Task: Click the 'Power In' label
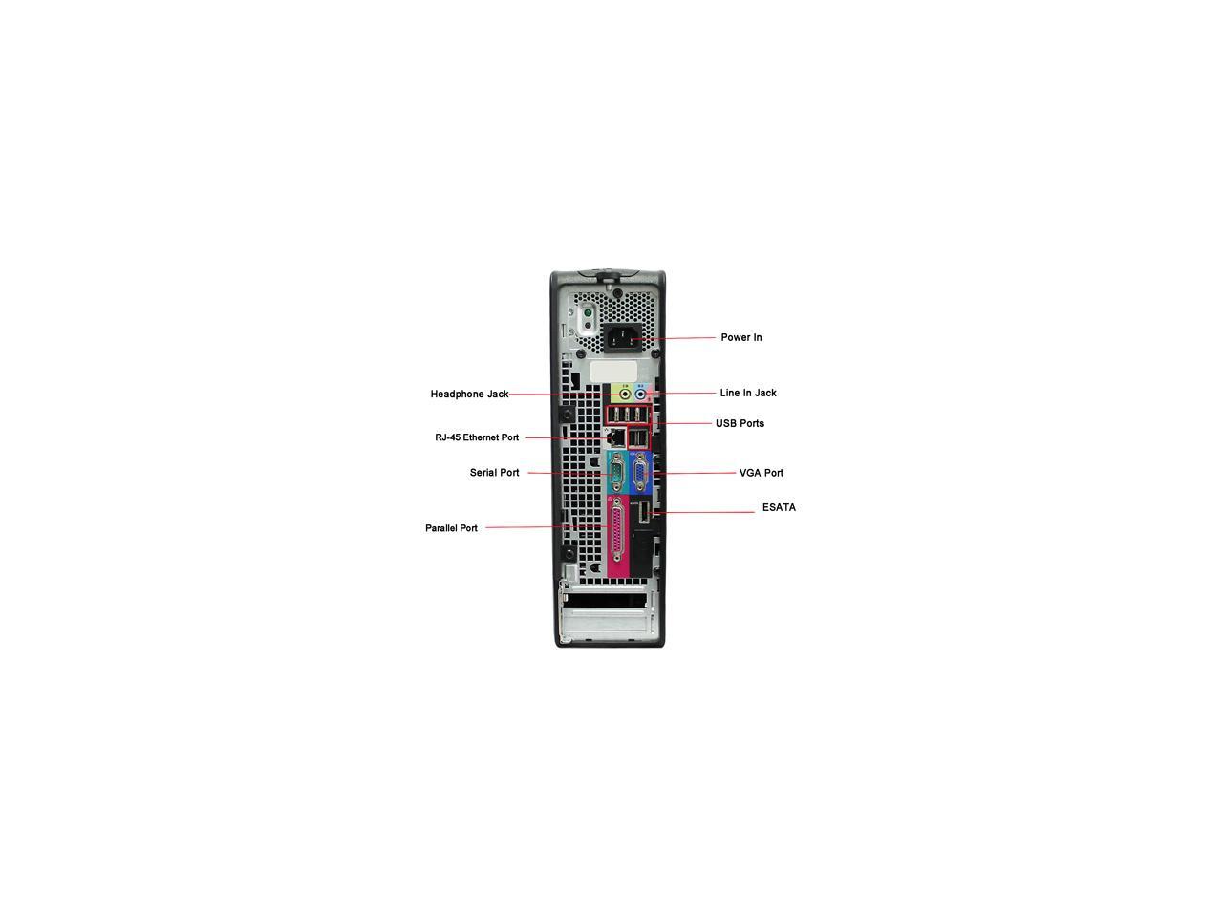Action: point(740,337)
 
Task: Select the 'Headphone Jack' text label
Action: point(469,394)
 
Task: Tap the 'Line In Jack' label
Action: point(747,393)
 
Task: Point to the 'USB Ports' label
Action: point(740,423)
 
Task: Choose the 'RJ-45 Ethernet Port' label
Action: point(477,437)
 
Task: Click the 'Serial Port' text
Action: point(494,473)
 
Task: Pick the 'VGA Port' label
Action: point(761,473)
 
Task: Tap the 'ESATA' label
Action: point(779,507)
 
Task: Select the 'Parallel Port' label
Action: point(451,528)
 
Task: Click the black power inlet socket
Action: point(620,338)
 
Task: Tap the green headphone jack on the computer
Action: point(626,394)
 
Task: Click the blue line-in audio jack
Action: point(641,394)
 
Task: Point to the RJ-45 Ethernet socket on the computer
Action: point(618,437)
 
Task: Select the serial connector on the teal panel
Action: point(616,473)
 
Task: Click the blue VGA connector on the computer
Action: point(639,473)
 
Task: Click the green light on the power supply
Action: point(587,312)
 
